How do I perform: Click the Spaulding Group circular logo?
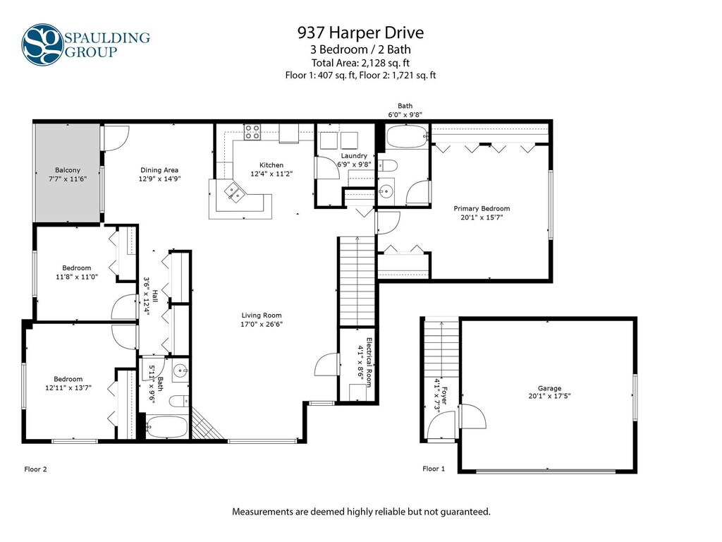(42, 44)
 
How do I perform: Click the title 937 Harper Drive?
(360, 32)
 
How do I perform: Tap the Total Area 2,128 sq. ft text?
(360, 63)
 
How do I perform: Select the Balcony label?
(68, 170)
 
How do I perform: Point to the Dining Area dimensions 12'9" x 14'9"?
(160, 179)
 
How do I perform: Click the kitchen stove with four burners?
(252, 132)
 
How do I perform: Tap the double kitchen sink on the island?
(234, 192)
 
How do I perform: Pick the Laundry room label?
(354, 156)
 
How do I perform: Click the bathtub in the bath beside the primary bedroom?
(407, 136)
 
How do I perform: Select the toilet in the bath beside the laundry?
(387, 165)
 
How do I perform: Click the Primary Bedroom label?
(482, 208)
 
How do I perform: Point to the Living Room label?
(262, 315)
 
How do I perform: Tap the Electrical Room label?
(369, 362)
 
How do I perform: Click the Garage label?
(549, 389)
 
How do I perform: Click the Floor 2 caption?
(35, 469)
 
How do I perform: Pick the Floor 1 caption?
(434, 469)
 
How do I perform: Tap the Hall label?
(155, 296)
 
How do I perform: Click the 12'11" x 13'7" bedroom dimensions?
(68, 387)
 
